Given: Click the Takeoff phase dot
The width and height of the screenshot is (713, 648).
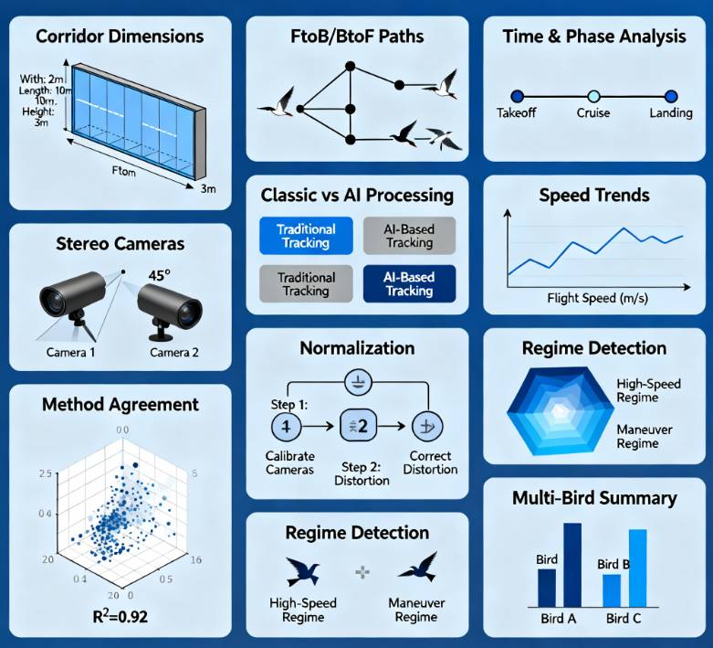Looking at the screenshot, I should (517, 96).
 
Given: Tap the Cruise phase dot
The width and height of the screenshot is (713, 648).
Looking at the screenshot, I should (593, 96).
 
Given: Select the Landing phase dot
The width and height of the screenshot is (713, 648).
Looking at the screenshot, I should (671, 96).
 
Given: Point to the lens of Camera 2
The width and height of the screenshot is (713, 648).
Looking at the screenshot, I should (187, 313).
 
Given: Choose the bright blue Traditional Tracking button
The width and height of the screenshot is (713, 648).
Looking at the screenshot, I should (306, 236).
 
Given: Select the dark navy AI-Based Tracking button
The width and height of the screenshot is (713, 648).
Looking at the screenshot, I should (409, 283).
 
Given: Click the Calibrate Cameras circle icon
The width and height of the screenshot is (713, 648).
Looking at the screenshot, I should (286, 425).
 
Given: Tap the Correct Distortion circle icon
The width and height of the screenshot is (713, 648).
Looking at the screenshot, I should (425, 426).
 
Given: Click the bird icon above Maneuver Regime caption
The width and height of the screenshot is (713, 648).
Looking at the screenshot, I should (416, 568).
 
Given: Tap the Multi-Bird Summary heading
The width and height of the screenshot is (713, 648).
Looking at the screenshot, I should (594, 498).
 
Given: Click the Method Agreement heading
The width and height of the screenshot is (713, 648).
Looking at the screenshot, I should (120, 403).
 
